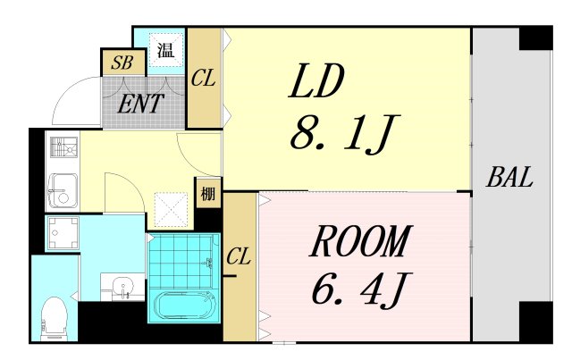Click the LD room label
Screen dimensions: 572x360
point(315,81)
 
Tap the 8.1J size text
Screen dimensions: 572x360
point(345,134)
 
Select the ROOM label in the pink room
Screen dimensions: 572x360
point(361,241)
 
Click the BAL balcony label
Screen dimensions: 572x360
point(509,177)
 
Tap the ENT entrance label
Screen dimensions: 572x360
point(140,104)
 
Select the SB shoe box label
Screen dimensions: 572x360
point(122,63)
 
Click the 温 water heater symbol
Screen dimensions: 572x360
point(165,50)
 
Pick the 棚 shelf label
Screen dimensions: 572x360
point(208,194)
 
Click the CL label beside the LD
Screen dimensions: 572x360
point(203,78)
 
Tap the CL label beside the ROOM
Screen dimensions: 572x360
point(239,256)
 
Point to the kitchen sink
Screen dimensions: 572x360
point(63,191)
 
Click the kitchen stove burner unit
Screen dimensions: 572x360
point(63,147)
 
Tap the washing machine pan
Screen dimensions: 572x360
point(63,233)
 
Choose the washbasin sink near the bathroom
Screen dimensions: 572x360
point(123,287)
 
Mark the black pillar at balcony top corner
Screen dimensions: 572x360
point(535,38)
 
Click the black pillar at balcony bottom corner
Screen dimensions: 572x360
point(535,322)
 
